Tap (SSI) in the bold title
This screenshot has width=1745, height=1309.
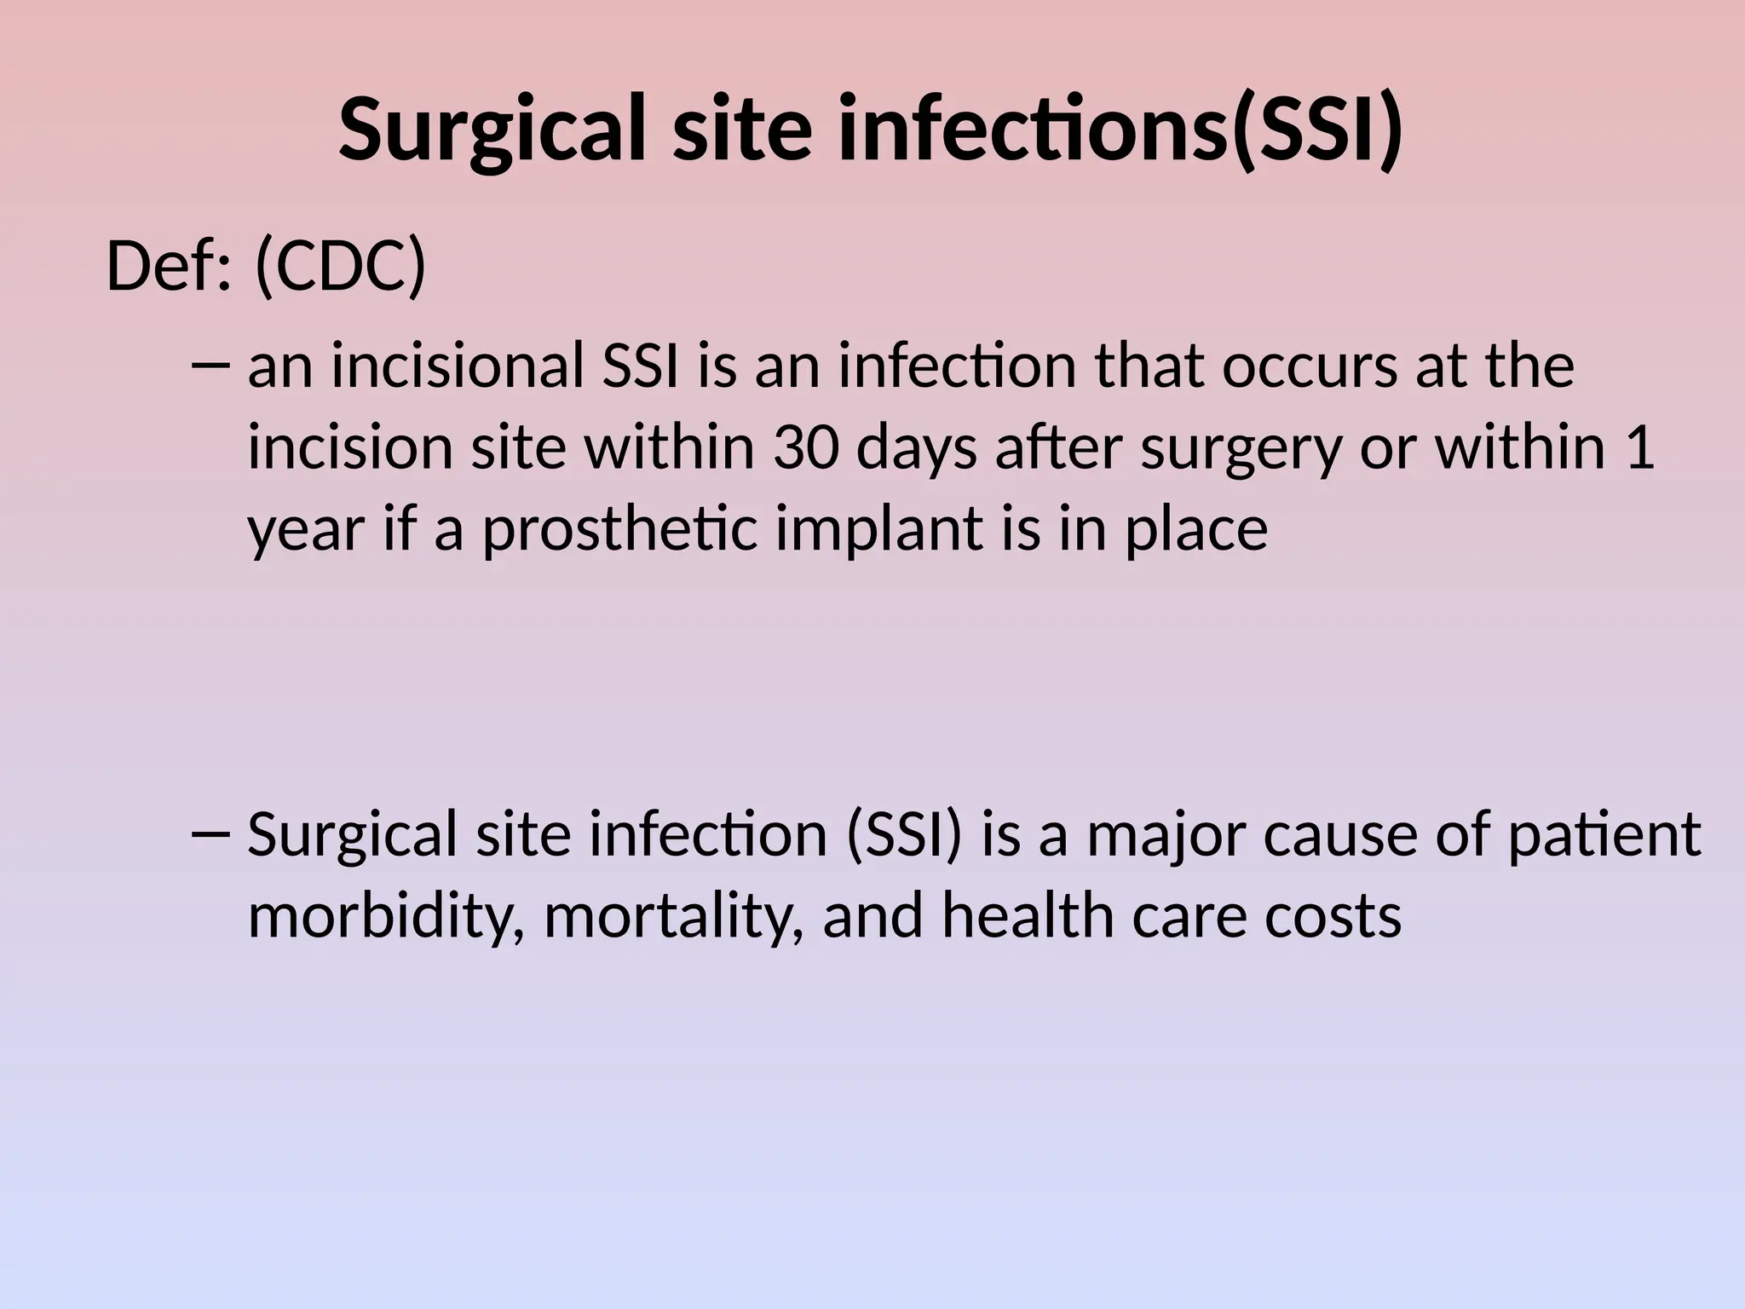point(1316,130)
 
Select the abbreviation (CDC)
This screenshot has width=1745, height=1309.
point(339,267)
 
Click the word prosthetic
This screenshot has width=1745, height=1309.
point(619,528)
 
